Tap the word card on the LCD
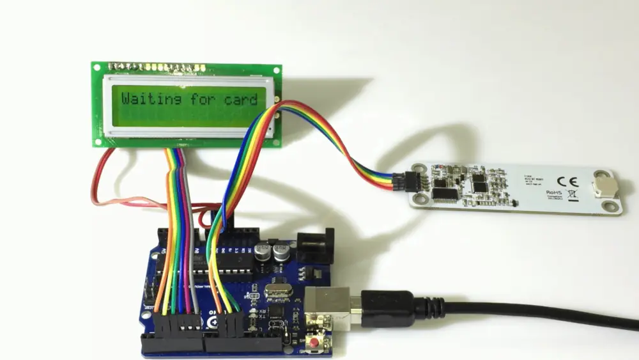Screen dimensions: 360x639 click(240, 100)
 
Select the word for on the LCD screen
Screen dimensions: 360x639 click(203, 99)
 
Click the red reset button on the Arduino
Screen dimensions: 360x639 click(314, 344)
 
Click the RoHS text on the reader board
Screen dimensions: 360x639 click(553, 192)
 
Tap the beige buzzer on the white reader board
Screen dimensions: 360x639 click(603, 185)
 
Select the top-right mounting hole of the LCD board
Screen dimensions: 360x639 click(277, 68)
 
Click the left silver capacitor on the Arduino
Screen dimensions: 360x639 click(263, 251)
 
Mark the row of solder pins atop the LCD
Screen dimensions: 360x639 click(157, 67)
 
